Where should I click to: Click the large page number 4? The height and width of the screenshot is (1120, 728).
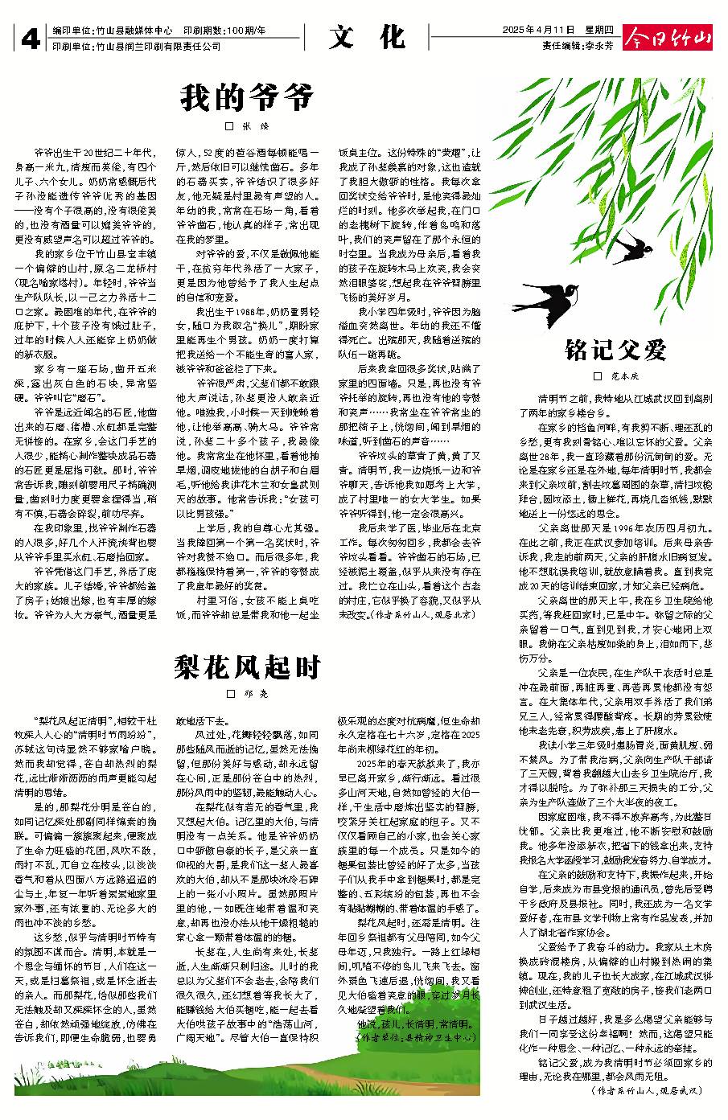point(29,39)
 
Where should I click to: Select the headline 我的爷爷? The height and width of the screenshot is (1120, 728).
point(246,98)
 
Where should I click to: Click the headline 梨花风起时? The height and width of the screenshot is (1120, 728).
point(246,667)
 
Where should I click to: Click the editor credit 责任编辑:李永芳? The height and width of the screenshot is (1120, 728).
point(578,47)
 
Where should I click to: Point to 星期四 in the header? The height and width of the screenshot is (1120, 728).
point(599,30)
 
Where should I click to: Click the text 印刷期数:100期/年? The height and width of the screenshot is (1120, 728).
point(224,31)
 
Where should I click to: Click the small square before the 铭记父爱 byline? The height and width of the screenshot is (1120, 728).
point(598,375)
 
